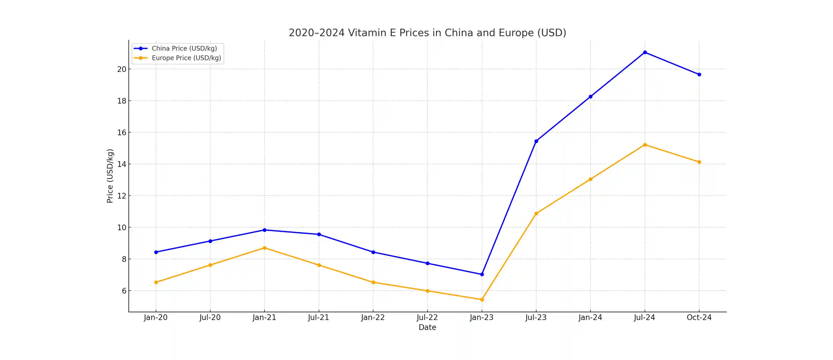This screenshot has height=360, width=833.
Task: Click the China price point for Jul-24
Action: click(645, 52)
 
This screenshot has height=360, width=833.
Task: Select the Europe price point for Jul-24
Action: click(645, 145)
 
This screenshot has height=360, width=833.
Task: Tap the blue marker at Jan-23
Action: click(482, 274)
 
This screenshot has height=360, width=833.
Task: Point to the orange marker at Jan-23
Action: click(482, 300)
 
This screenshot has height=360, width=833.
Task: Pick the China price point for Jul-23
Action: click(536, 141)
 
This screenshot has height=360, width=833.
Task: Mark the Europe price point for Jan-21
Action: click(264, 248)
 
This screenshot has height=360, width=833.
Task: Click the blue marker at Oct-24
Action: click(699, 74)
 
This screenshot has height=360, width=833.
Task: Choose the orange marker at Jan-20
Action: click(156, 282)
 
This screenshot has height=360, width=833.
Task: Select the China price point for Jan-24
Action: click(590, 97)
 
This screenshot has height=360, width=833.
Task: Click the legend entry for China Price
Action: click(184, 49)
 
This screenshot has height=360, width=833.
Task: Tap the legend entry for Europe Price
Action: click(186, 58)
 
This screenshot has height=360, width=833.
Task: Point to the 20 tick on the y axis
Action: click(122, 69)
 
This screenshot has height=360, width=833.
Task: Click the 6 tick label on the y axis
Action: click(124, 291)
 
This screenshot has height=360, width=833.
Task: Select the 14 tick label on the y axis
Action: click(122, 164)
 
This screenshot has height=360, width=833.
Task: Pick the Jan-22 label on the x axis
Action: click(373, 318)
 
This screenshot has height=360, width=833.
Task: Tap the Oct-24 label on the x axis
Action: click(699, 318)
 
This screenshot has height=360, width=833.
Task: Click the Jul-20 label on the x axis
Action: click(210, 318)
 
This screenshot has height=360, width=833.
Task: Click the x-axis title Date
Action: click(427, 327)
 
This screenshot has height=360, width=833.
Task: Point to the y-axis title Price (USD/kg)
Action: click(110, 176)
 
